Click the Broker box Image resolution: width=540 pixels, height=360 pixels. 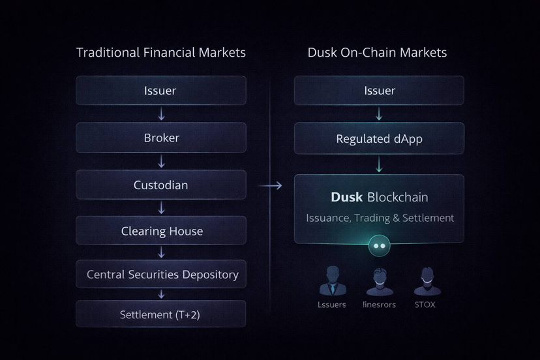click(x=161, y=138)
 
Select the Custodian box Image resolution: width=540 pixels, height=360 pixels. click(x=161, y=185)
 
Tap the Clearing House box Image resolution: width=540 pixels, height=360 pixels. click(x=161, y=231)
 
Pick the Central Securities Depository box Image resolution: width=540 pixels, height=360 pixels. click(x=161, y=275)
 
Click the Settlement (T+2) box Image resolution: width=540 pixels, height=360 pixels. click(x=161, y=314)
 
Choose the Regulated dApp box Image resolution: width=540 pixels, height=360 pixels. click(x=379, y=138)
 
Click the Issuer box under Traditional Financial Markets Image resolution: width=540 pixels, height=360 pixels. click(x=161, y=90)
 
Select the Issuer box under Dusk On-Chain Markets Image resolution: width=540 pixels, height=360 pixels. click(x=379, y=90)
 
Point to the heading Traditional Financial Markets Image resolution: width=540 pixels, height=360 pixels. click(x=161, y=52)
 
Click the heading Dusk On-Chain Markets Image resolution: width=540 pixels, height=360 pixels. click(x=377, y=52)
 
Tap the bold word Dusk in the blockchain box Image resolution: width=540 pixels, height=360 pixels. click(x=346, y=197)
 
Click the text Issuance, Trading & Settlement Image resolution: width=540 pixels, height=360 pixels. click(x=380, y=218)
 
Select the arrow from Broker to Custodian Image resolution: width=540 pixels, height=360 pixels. click(x=162, y=161)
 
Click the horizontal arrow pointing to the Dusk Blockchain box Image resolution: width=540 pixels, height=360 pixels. click(x=270, y=186)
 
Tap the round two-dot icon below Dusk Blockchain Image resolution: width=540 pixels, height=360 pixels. click(x=379, y=246)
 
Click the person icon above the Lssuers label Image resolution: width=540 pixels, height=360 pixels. click(x=333, y=281)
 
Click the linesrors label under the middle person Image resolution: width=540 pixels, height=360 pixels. click(x=379, y=305)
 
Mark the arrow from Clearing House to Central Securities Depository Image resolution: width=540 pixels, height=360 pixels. click(x=162, y=252)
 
